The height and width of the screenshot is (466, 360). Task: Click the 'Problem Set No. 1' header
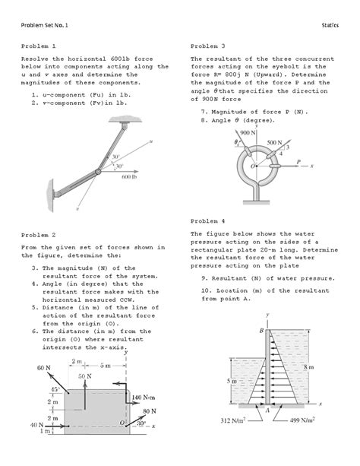click(x=45, y=25)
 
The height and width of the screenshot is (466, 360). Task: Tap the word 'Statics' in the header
click(x=330, y=25)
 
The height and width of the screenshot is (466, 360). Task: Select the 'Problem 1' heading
click(x=38, y=46)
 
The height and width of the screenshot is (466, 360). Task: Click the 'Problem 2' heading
click(x=38, y=235)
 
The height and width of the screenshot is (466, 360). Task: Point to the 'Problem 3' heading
click(x=208, y=46)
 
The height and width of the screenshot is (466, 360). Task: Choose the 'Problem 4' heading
click(x=208, y=221)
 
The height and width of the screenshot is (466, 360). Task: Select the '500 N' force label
click(x=274, y=143)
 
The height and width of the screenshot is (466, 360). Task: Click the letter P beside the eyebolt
click(x=298, y=161)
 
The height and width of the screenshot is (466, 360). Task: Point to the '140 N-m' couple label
click(x=144, y=398)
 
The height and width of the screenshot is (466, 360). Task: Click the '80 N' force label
click(x=150, y=411)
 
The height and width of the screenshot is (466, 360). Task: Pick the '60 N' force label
click(x=43, y=368)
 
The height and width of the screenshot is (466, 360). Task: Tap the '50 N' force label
click(x=85, y=376)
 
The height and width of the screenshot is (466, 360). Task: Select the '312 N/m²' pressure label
click(x=233, y=420)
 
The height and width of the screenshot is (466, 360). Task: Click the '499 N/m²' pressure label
click(x=302, y=420)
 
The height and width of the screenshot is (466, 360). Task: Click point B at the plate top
click(x=261, y=330)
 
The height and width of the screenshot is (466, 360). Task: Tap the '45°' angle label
click(x=55, y=389)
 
